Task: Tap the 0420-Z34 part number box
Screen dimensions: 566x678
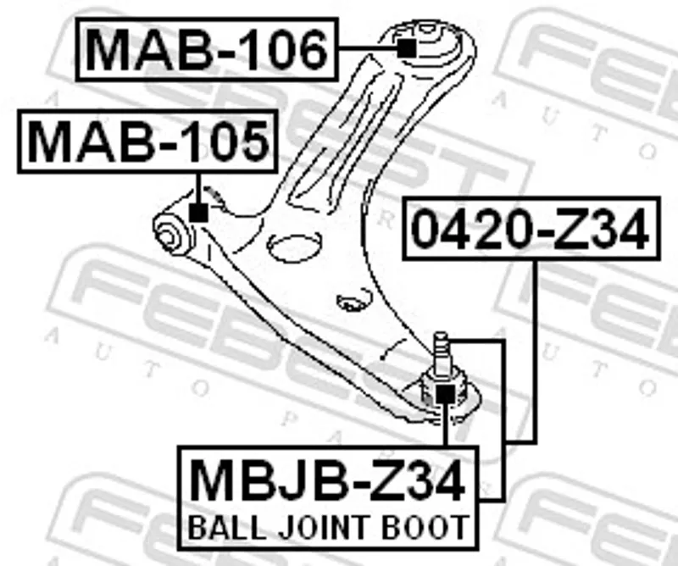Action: (x=532, y=230)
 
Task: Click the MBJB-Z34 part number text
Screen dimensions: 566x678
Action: (x=327, y=480)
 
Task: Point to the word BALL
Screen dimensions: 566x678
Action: (x=219, y=527)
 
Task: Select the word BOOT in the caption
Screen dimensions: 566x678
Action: (x=422, y=527)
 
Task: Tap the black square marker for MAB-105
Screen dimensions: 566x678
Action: (x=197, y=212)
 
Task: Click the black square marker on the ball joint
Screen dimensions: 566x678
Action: (x=445, y=393)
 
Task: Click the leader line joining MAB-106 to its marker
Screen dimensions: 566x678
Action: (x=366, y=49)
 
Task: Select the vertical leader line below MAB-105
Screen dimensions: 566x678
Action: (x=197, y=186)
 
